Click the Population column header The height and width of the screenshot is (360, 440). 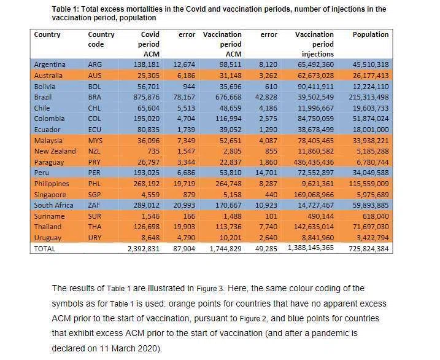(371, 34)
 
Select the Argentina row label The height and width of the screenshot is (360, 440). (50, 65)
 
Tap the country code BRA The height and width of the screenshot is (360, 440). (95, 97)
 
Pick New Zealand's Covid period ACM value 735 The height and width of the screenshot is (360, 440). (153, 151)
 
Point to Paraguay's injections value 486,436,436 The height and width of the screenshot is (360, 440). (314, 162)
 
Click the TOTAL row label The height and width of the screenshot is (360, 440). (45, 249)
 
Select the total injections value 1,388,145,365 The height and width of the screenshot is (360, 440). (311, 248)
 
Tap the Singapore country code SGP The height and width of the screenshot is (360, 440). (95, 195)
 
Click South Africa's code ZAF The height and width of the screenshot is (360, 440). (94, 205)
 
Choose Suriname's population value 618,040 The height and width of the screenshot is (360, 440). (376, 216)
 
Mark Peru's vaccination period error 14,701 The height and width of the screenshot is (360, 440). (266, 173)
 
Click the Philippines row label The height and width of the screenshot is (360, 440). (52, 184)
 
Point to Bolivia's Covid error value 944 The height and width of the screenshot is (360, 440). (189, 87)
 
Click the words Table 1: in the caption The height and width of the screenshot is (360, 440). (66, 9)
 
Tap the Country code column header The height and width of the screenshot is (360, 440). (101, 39)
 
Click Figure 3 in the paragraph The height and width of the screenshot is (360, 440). (210, 289)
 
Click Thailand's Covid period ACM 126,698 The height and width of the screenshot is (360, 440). (147, 227)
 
